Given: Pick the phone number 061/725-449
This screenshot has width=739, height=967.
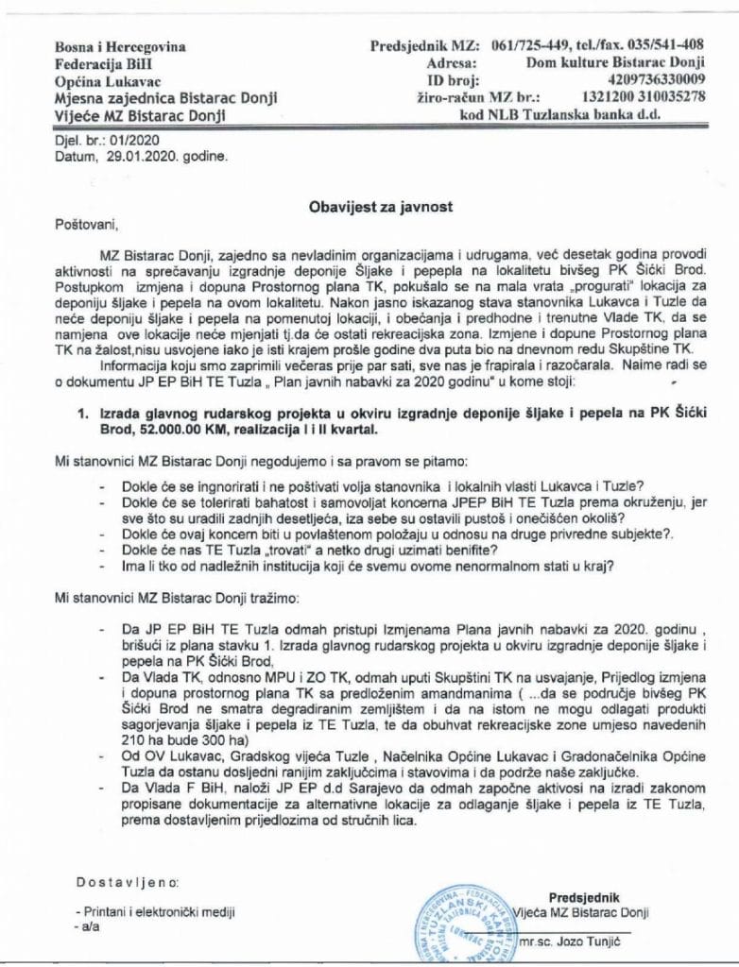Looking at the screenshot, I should [x=524, y=45].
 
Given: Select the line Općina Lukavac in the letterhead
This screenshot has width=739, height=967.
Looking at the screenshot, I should [x=108, y=80].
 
